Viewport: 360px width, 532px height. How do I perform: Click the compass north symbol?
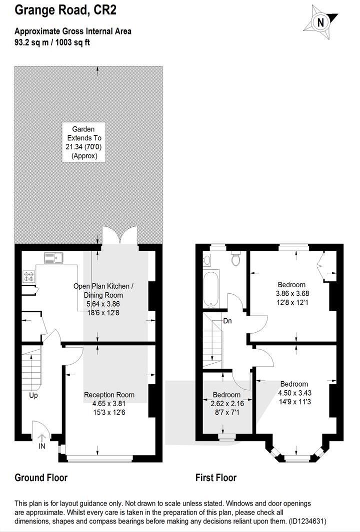coord(320,22)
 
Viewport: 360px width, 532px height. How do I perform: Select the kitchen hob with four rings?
coord(28,276)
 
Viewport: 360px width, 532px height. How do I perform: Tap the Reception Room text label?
coord(109,395)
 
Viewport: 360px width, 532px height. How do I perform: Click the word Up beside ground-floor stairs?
coord(33,395)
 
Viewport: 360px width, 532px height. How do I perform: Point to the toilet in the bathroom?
coord(236,258)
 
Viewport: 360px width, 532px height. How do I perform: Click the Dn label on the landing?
coord(227,321)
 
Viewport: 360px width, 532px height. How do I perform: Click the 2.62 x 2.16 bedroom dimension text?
coord(226,403)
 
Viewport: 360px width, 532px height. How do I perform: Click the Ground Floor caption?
coord(41,478)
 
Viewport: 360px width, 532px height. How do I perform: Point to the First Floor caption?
coord(215,478)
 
